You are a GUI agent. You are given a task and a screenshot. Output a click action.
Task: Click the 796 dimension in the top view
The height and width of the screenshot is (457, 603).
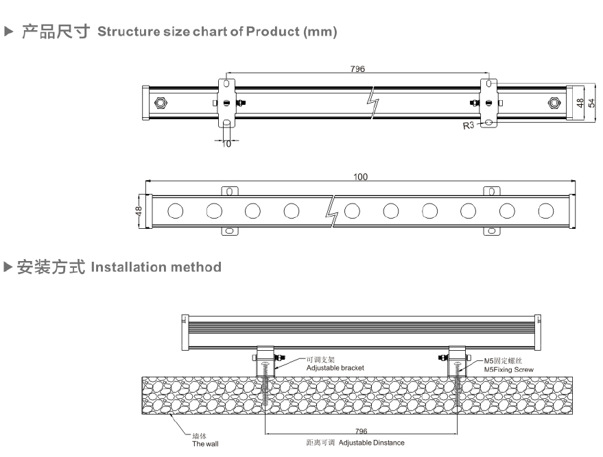[x=357, y=69]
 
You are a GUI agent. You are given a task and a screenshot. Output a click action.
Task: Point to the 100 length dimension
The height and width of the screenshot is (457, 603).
[x=360, y=177]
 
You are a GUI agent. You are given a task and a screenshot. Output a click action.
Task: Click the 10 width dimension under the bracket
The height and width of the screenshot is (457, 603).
[x=227, y=144]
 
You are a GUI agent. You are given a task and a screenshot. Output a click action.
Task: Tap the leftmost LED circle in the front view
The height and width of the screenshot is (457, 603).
[x=175, y=210]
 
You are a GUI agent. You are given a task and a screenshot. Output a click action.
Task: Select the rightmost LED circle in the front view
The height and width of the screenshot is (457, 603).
[x=547, y=210]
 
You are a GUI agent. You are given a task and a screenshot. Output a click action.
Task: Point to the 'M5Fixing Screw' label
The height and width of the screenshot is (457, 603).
[x=509, y=369]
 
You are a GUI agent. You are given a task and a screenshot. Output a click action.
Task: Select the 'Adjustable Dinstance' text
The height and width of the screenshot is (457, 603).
[x=371, y=443]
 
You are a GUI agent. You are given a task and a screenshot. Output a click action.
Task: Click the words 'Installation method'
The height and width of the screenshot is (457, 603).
[x=156, y=267]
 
